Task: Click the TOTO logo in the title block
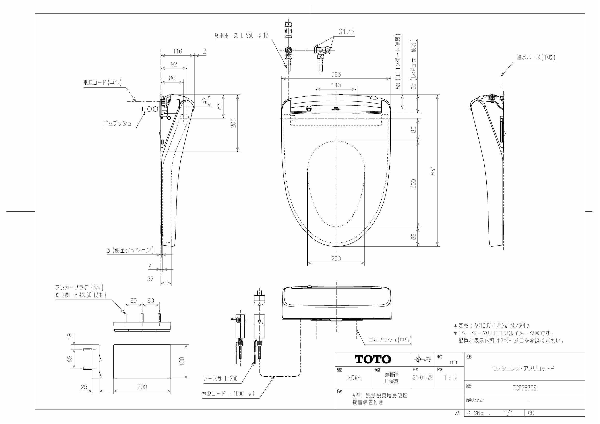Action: tap(373, 359)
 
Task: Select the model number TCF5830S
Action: tap(524, 388)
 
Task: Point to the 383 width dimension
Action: tap(336, 74)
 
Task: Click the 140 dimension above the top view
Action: tap(336, 85)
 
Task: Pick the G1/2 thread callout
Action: tap(347, 32)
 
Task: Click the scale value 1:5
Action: tap(450, 378)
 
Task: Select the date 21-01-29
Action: tap(422, 378)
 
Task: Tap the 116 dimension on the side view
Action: tap(177, 51)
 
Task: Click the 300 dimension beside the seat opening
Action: tap(413, 184)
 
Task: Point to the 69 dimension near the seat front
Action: tap(413, 237)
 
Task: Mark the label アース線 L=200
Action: tap(220, 379)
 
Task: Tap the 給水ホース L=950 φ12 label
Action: tap(241, 36)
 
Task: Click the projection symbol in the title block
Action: tap(422, 359)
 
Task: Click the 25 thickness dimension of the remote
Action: tap(84, 387)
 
